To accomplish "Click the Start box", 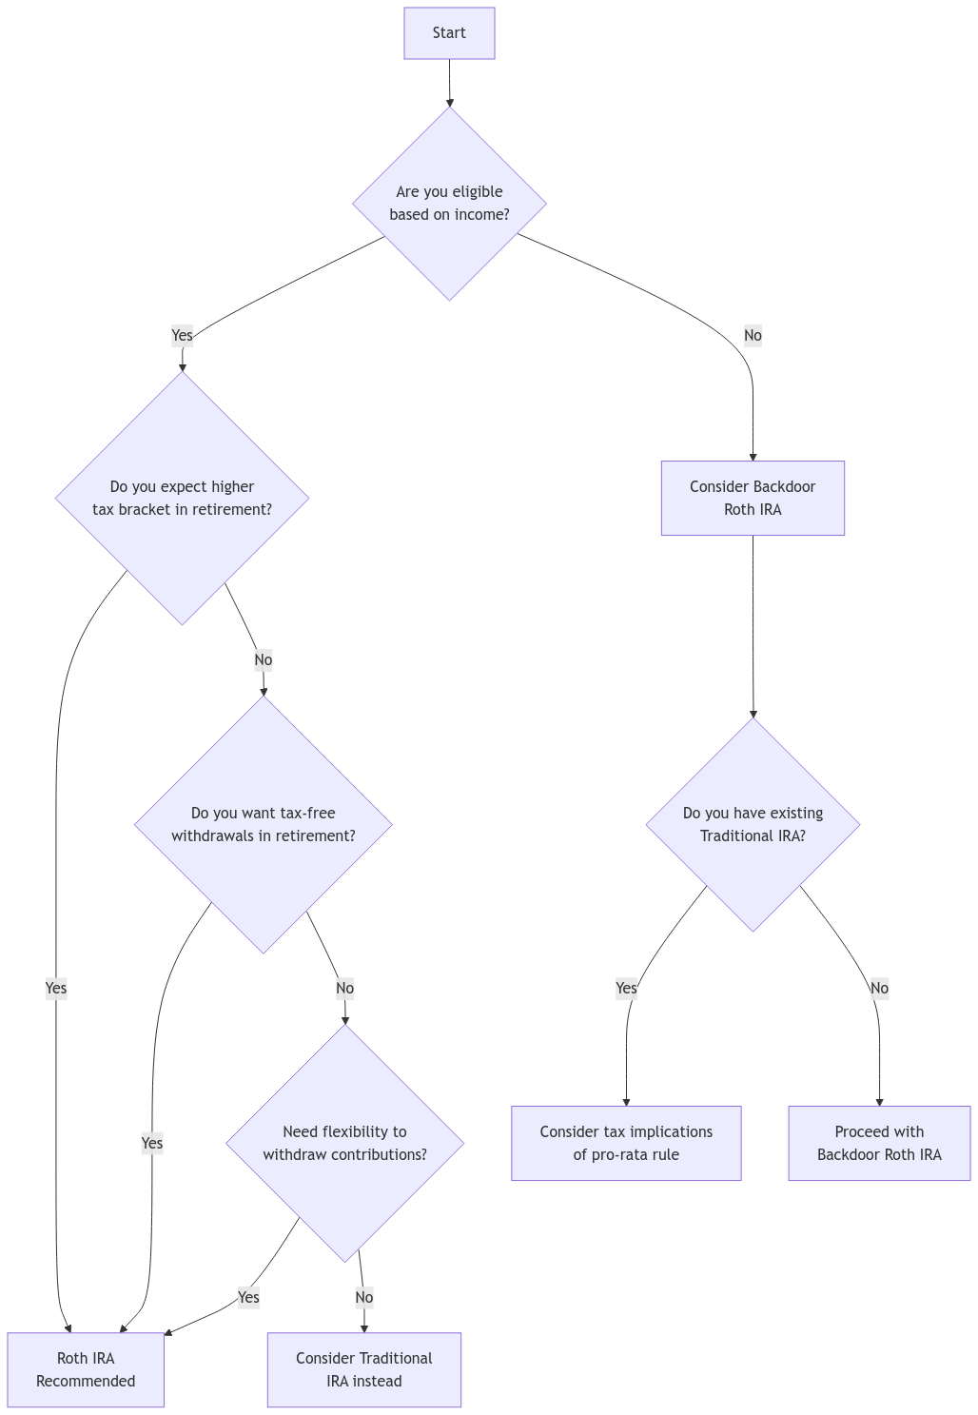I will tap(449, 33).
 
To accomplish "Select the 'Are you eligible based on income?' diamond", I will tap(449, 203).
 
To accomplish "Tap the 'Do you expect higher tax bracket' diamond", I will tap(182, 498).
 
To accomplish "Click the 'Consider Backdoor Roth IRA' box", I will tap(753, 498).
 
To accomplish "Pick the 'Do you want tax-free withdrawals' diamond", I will tap(264, 824).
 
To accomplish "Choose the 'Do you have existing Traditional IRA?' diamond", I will tap(753, 824).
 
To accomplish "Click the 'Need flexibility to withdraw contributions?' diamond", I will tap(344, 1143).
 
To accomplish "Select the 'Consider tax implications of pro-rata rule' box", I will tap(626, 1143).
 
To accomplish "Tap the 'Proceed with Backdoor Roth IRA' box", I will tap(879, 1143).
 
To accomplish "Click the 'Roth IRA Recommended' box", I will tap(86, 1369).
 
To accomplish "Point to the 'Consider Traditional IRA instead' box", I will tap(363, 1369).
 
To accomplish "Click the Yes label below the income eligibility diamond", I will tap(182, 335).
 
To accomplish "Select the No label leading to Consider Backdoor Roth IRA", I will tap(753, 335).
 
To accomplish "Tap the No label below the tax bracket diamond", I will tap(264, 659).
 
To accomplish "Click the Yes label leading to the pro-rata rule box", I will tap(626, 988).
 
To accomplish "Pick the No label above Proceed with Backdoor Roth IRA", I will tap(879, 988).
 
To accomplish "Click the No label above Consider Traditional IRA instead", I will tap(363, 1297).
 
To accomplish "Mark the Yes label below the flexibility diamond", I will tap(248, 1297).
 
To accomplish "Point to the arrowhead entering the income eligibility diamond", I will tap(449, 102).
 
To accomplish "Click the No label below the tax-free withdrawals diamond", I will tap(344, 988).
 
